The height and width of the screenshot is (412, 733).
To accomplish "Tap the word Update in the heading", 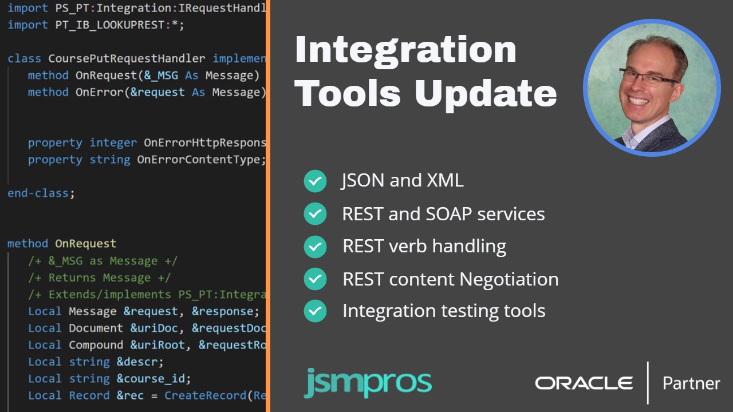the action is tap(486, 94).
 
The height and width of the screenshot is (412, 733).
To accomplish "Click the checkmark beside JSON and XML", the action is tap(315, 181).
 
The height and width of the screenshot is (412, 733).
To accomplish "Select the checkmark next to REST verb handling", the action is tap(315, 247).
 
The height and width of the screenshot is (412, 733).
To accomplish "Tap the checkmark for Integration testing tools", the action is tap(315, 311).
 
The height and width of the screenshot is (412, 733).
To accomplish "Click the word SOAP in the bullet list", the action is tap(448, 214).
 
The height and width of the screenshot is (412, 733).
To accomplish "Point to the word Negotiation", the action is tap(509, 279).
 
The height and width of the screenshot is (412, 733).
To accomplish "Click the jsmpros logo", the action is tap(368, 383).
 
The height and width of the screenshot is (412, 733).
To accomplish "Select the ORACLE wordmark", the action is tap(584, 383).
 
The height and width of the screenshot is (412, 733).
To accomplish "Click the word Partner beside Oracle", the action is tap(691, 383).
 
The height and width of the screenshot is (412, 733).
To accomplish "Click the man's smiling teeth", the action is tap(638, 100).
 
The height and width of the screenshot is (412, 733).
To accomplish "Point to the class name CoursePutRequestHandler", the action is tap(127, 58).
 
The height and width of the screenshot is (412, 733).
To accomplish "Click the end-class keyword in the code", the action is tap(38, 193).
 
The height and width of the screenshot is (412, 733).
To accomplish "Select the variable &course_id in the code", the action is tap(151, 379).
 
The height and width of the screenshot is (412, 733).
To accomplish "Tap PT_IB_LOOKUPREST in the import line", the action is tap(110, 25).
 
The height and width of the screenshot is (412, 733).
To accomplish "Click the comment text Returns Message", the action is tap(100, 278).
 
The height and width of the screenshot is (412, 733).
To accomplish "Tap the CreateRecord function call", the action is tap(205, 395).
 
